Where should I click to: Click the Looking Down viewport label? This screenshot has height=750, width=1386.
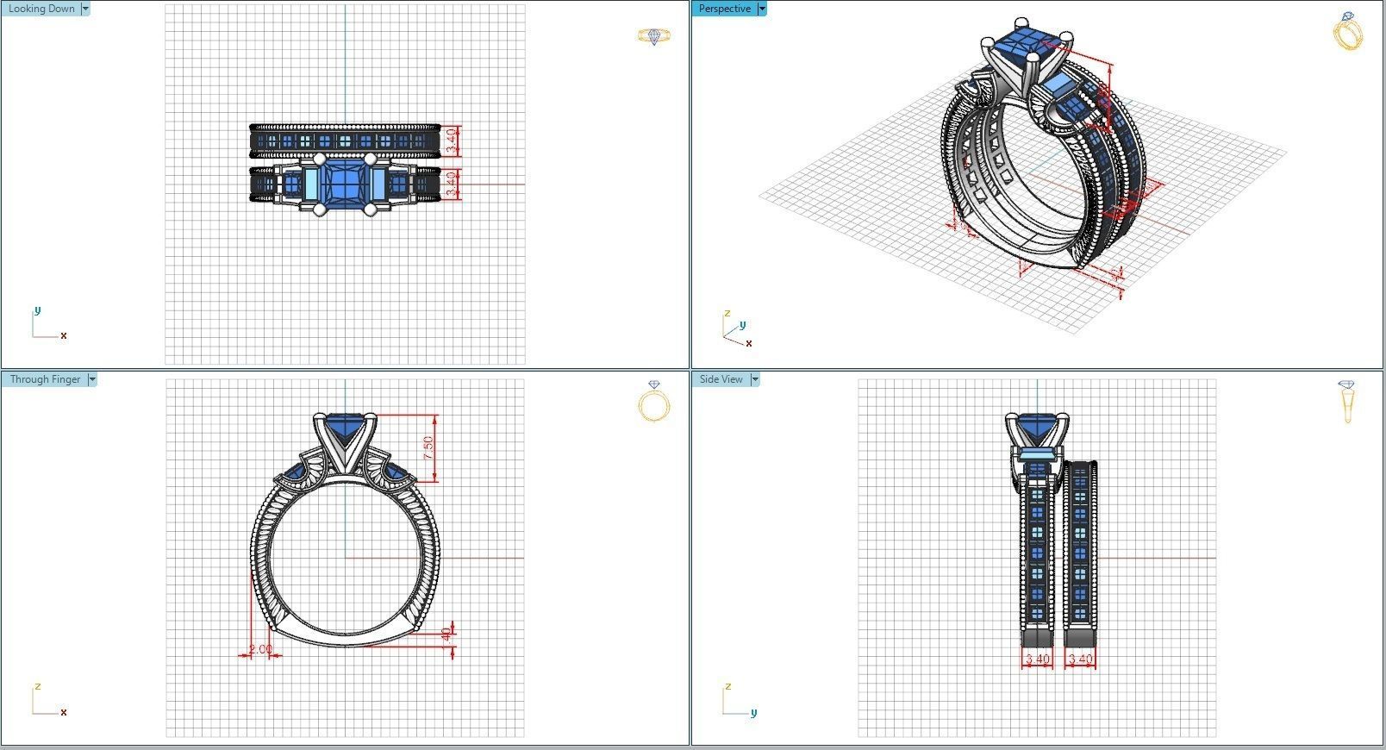pyautogui.click(x=41, y=9)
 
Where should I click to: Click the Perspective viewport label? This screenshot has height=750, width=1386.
pyautogui.click(x=724, y=9)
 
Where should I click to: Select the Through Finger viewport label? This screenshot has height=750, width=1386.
pyautogui.click(x=45, y=379)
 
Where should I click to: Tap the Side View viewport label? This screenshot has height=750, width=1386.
pyautogui.click(x=721, y=379)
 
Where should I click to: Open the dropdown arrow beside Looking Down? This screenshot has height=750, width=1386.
pyautogui.click(x=85, y=9)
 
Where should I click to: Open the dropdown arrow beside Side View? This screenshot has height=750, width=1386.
pyautogui.click(x=755, y=379)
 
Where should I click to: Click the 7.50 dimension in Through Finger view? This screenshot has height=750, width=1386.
pyautogui.click(x=428, y=447)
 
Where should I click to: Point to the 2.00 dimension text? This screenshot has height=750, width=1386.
pyautogui.click(x=259, y=649)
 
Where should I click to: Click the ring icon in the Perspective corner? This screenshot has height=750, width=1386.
pyautogui.click(x=1347, y=32)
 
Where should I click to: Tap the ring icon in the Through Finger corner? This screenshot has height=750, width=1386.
pyautogui.click(x=654, y=401)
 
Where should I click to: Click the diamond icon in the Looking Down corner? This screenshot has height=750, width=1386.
pyautogui.click(x=653, y=36)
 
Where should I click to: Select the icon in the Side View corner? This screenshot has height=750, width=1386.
pyautogui.click(x=1346, y=401)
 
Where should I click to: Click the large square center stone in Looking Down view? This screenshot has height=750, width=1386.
pyautogui.click(x=345, y=183)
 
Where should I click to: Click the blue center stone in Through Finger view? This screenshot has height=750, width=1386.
pyautogui.click(x=345, y=428)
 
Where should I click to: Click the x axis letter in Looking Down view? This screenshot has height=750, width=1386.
pyautogui.click(x=64, y=335)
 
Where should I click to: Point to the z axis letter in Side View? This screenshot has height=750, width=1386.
pyautogui.click(x=727, y=686)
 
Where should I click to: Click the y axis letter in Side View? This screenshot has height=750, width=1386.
pyautogui.click(x=753, y=713)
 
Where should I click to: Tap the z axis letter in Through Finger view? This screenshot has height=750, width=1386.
pyautogui.click(x=38, y=686)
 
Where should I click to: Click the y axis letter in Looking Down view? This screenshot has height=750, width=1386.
pyautogui.click(x=37, y=310)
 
